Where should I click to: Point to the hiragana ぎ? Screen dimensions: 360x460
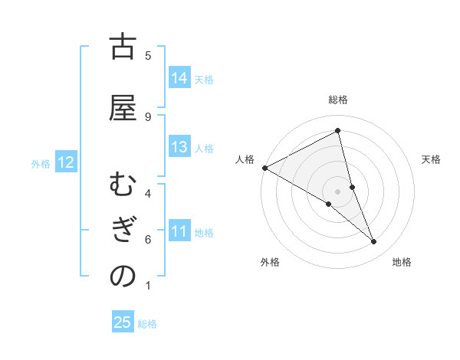[x=123, y=231]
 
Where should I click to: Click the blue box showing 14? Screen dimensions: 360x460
[x=179, y=78]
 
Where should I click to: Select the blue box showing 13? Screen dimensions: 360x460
[x=179, y=148]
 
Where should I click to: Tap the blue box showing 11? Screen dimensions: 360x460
[x=179, y=231]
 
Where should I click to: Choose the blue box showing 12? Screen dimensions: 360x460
[x=65, y=162]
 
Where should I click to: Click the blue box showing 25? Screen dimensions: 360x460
[x=123, y=322]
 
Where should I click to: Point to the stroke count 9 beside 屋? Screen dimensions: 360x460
[x=148, y=116]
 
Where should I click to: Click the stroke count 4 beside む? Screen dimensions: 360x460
[x=148, y=193]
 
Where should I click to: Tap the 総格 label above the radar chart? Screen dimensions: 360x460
[x=338, y=100]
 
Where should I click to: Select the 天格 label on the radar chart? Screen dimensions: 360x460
[x=431, y=159]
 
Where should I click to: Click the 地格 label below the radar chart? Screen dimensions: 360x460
[x=402, y=262]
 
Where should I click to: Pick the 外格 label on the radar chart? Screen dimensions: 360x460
[x=270, y=262]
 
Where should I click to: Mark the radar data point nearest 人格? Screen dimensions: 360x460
[x=264, y=168]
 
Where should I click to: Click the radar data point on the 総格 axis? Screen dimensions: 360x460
[x=338, y=131]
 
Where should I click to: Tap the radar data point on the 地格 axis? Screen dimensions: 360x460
[x=374, y=242]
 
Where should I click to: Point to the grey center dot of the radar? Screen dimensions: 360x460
[x=338, y=191]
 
